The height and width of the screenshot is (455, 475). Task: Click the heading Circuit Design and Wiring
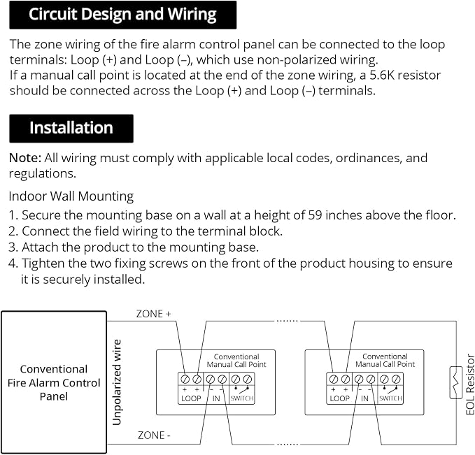tap(122, 14)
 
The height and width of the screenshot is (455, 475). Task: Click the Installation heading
tap(71, 128)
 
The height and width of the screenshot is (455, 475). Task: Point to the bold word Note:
tap(25, 158)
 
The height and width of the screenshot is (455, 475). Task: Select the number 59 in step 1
tap(315, 215)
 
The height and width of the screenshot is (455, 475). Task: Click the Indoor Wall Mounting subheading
tap(71, 196)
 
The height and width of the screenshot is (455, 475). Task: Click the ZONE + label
tap(154, 314)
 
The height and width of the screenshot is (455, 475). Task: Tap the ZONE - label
tap(154, 435)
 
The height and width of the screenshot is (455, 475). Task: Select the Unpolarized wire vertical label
tap(117, 382)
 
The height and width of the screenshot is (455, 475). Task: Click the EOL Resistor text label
tap(470, 384)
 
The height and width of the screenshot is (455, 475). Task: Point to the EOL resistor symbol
tap(456, 382)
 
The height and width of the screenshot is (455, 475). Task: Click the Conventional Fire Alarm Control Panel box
tap(54, 382)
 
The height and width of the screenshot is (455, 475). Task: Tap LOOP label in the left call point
tap(191, 398)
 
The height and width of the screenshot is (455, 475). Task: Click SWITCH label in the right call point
tap(390, 398)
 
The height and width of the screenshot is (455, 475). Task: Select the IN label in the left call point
tap(216, 398)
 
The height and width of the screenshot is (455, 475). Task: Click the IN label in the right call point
tap(364, 398)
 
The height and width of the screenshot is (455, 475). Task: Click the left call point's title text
tap(236, 361)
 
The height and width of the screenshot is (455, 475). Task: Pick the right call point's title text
tap(385, 360)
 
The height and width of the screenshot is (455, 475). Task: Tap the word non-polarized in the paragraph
tap(297, 60)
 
